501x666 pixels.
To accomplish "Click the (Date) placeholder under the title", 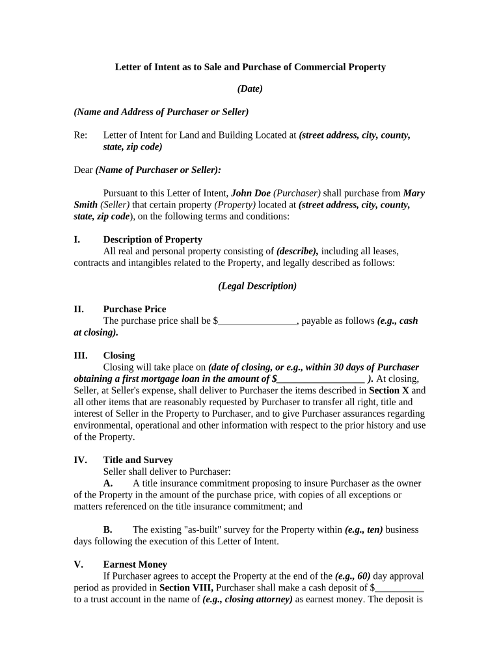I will click(250, 88).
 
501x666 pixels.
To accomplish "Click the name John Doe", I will click(251, 193).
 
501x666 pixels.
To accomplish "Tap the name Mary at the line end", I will click(414, 193).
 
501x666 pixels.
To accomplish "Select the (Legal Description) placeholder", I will click(257, 286).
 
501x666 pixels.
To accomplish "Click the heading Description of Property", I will click(152, 239).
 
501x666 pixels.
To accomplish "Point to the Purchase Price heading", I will click(134, 309).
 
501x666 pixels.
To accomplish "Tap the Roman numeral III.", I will click(81, 355).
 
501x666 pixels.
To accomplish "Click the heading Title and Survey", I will click(138, 460).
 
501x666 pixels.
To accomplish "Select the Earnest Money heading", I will click(135, 565).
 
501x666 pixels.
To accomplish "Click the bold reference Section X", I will click(389, 390).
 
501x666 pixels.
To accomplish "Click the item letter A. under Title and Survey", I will click(108, 483).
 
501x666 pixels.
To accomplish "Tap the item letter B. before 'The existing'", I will click(108, 529).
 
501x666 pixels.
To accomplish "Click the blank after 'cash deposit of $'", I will click(399, 588).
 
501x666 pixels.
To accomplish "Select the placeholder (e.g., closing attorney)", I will click(247, 600).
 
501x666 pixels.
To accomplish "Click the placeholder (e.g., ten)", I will click(364, 529).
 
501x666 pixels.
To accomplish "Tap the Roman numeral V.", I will click(77, 565).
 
